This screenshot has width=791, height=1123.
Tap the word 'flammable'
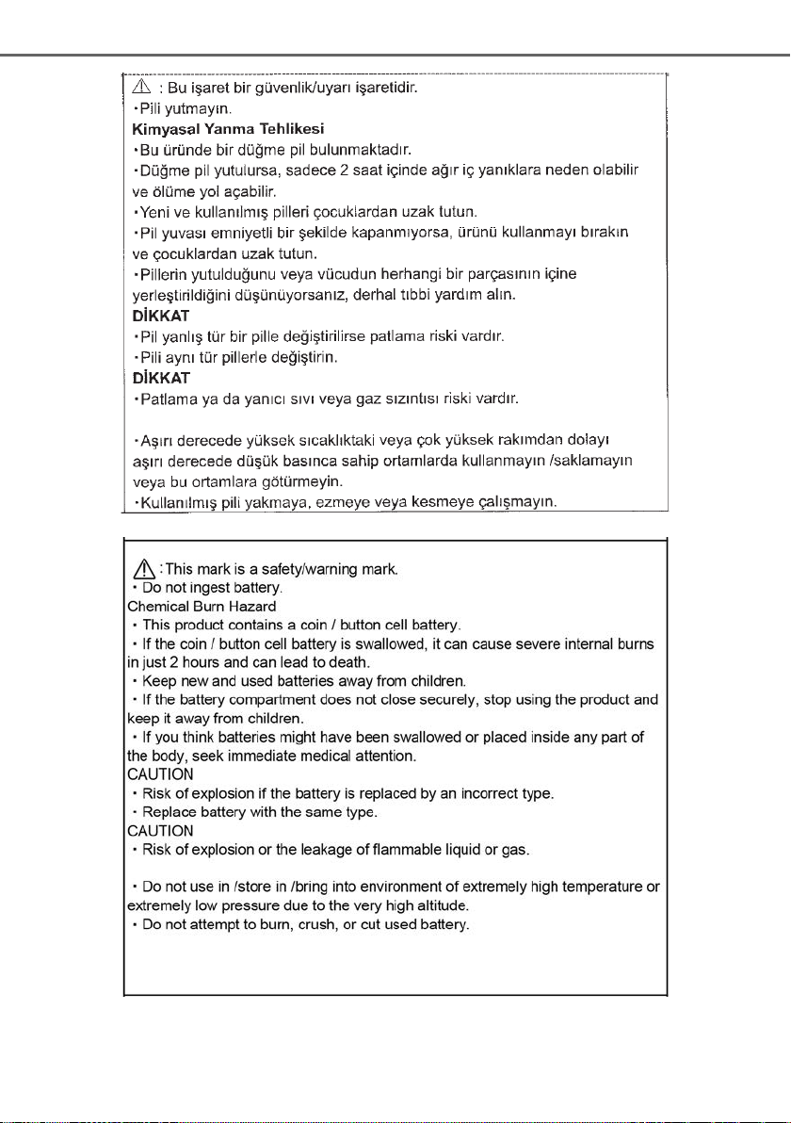pyautogui.click(x=407, y=850)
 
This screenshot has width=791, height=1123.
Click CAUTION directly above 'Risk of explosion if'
pyautogui.click(x=160, y=773)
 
